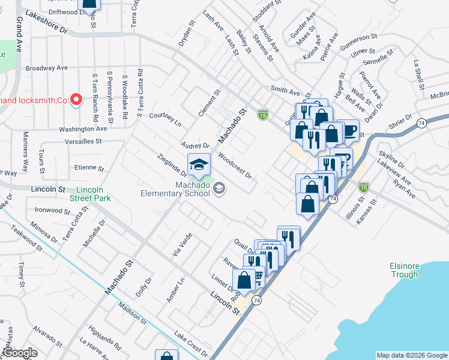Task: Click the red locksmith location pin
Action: pos(76,100)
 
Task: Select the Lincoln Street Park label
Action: pos(94,193)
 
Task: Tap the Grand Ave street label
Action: pos(20,34)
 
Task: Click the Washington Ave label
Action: pos(83,128)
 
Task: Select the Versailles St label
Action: pos(82,141)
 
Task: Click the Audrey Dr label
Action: pos(195,146)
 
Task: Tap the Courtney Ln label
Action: pos(164,119)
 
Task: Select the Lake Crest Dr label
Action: pos(190,343)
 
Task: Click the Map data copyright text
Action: pos(412,355)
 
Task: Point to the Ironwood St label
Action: pos(53,211)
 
